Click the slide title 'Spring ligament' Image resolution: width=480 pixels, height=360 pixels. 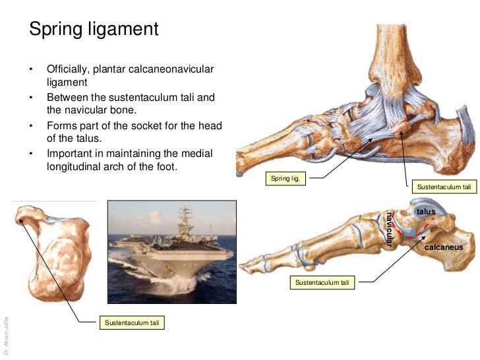[93, 29]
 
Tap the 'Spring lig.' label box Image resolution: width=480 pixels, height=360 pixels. [285, 177]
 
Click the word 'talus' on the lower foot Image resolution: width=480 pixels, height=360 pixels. [425, 211]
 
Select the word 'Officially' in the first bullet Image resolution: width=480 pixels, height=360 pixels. [69, 70]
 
